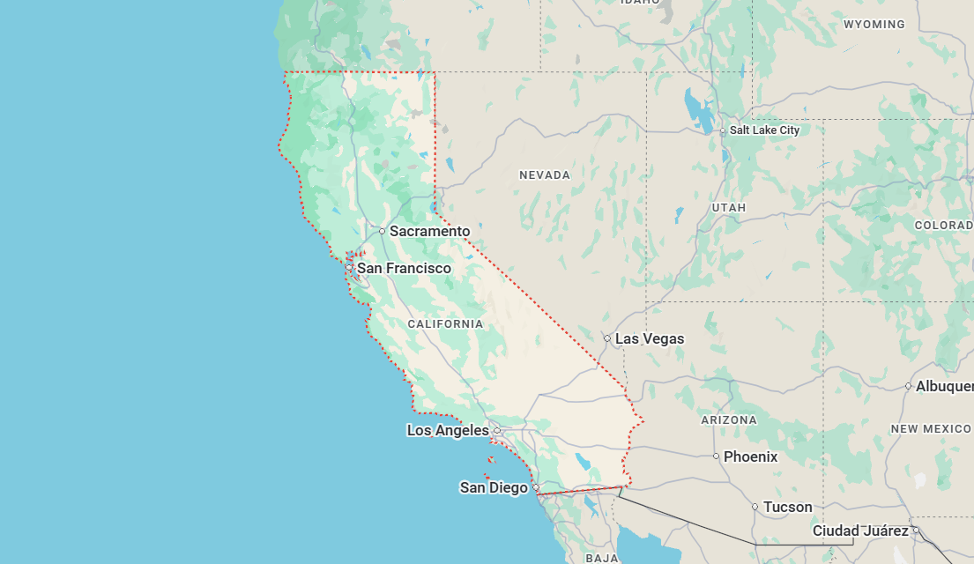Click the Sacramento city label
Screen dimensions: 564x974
tap(430, 231)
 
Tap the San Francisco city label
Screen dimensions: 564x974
tap(404, 268)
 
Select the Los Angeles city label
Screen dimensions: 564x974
tap(448, 430)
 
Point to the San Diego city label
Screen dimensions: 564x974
tap(494, 487)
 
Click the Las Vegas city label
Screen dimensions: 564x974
tap(650, 338)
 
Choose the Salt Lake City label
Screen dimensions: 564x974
tap(764, 130)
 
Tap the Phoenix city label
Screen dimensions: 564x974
tap(751, 456)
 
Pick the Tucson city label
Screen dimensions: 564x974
tap(788, 507)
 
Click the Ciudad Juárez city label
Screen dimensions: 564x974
tap(860, 531)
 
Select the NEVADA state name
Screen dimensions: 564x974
tap(545, 175)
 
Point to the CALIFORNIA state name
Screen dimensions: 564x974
tap(445, 324)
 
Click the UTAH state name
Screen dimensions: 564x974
tap(729, 207)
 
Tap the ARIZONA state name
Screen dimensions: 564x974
tap(729, 420)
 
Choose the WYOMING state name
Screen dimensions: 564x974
tap(874, 25)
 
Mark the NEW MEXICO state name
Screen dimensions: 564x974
tap(930, 429)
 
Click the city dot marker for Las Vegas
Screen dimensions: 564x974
tap(607, 338)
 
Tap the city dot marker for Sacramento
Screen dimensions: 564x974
tap(383, 232)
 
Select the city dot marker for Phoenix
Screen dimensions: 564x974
tap(717, 456)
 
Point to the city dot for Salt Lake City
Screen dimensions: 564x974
tap(723, 131)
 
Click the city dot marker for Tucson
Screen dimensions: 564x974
tap(755, 507)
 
